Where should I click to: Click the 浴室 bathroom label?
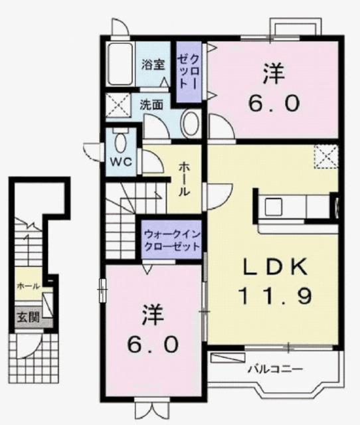coord(153,64)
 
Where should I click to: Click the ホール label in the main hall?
coord(184,178)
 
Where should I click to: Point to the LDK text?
coord(274,267)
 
